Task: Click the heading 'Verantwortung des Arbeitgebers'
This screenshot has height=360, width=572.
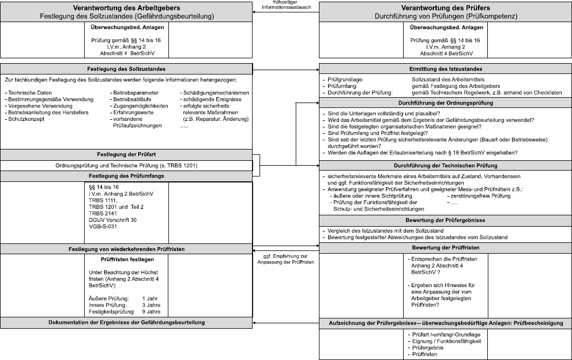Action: (127, 8)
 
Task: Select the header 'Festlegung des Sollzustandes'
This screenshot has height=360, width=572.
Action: (126, 69)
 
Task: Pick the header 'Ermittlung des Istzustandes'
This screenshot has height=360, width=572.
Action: (445, 69)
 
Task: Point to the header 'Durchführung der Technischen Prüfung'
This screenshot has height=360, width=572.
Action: (445, 165)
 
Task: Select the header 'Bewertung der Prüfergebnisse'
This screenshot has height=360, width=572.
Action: (445, 220)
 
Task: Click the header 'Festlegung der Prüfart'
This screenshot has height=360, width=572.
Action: (126, 155)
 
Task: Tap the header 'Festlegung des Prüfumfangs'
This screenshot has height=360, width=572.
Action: (126, 176)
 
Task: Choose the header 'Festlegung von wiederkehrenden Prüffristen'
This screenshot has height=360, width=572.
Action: (126, 249)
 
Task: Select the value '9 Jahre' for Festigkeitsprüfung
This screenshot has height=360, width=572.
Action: (151, 311)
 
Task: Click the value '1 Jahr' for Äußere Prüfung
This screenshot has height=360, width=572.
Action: (150, 298)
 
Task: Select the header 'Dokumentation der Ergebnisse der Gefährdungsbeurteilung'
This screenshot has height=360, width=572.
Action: (126, 323)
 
